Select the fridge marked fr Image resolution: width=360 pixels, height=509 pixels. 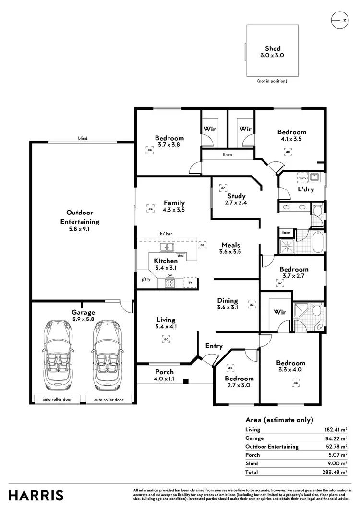click(x=191, y=283)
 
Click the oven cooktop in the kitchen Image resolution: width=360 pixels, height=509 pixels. click(x=170, y=283)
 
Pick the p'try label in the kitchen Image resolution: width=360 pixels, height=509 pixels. click(x=145, y=279)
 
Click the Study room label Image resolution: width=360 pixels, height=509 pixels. click(x=236, y=196)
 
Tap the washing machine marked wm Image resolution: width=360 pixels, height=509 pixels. click(x=302, y=178)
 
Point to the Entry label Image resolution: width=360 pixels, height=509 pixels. click(x=214, y=346)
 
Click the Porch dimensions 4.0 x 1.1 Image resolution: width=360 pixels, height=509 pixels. click(x=164, y=379)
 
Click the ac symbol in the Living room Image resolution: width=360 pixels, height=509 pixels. click(x=166, y=339)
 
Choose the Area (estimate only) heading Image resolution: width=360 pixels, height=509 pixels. click(x=279, y=419)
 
